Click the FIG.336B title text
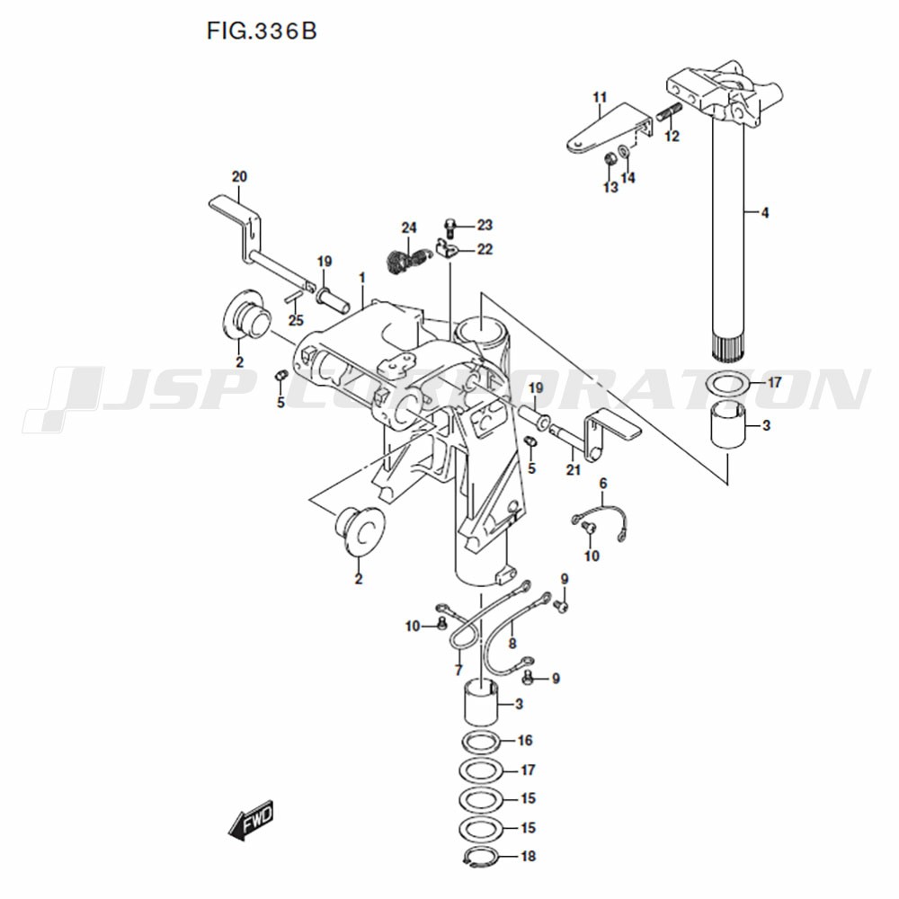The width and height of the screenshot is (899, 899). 262,31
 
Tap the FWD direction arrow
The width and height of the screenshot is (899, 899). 251,819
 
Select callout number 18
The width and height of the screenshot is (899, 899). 528,856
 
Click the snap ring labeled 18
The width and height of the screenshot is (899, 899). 480,856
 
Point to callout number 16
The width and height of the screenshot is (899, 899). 525,740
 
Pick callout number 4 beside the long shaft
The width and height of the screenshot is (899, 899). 765,213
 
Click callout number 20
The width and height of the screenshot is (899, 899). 239,176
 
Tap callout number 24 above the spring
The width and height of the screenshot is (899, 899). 409,227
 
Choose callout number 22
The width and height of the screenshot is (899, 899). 485,249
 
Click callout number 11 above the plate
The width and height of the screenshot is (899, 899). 599,97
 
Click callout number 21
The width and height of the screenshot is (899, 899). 574,470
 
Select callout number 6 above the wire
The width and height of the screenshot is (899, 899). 603,484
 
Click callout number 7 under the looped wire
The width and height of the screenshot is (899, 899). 458,670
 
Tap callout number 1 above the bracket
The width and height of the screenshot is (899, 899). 362,278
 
